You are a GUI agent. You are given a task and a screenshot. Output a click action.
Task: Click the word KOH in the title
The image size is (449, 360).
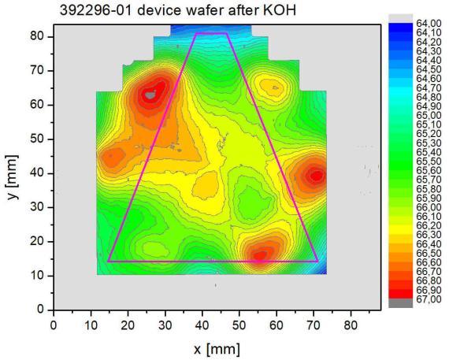tap(279, 10)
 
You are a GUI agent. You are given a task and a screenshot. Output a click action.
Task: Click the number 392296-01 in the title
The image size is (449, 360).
tap(96, 10)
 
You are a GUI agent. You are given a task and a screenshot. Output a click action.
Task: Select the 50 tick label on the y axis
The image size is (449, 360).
tap(37, 139)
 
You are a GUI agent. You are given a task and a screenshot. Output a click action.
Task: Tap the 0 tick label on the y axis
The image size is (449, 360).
tap(41, 310)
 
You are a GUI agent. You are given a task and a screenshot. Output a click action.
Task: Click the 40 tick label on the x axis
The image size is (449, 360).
tap(202, 325)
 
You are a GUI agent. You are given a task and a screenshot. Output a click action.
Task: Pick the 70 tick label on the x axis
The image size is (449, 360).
tap(314, 325)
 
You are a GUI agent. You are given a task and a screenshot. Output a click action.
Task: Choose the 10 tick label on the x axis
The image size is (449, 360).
tap(91, 325)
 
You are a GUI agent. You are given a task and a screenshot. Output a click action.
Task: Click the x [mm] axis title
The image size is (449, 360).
tap(217, 349)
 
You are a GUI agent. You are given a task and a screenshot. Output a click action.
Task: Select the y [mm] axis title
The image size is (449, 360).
tap(13, 177)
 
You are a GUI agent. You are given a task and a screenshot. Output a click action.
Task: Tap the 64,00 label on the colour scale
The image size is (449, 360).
tap(429, 24)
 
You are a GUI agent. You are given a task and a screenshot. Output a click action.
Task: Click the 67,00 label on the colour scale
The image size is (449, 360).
tap(429, 299)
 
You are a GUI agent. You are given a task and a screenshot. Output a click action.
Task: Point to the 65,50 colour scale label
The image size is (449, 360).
tap(429, 161)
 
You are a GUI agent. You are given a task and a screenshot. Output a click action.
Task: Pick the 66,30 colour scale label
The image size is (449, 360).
tap(429, 235)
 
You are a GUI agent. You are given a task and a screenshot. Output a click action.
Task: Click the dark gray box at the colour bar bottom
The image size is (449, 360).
tap(401, 303)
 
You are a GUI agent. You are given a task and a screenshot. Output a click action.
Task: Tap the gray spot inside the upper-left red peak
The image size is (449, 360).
tap(150, 95)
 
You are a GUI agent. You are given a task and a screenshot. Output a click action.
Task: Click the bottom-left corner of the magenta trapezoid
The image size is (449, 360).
tap(108, 262)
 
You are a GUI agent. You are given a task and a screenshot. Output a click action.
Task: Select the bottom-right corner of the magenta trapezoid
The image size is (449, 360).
tap(317, 262)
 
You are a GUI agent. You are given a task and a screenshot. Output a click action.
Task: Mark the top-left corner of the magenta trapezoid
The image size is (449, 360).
tap(196, 34)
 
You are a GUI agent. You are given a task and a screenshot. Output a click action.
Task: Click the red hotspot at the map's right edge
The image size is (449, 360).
tap(317, 176)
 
